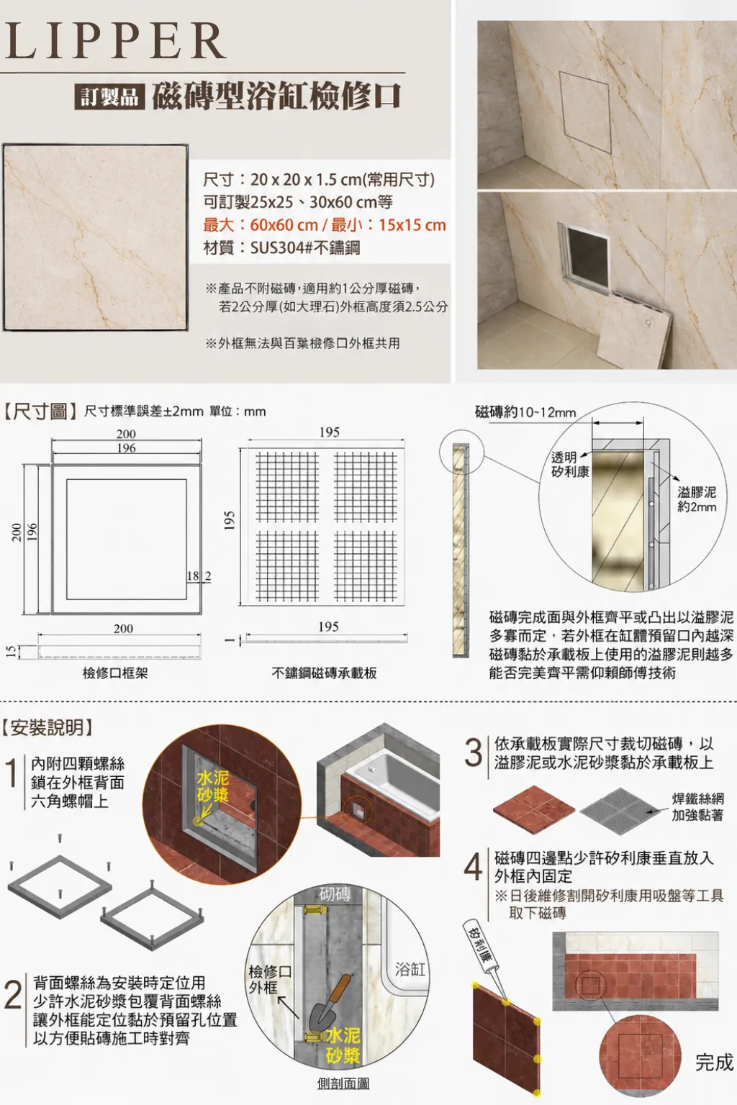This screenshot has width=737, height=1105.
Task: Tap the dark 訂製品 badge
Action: point(109,96)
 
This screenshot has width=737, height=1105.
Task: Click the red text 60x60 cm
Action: point(284,225)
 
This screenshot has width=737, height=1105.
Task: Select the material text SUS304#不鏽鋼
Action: point(305,247)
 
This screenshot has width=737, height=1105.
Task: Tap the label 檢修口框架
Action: point(115,673)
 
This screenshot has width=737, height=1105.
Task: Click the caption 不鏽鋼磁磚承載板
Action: point(325,673)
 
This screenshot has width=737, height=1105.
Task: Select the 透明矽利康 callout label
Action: point(569,465)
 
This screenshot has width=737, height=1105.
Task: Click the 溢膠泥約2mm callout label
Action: point(697,499)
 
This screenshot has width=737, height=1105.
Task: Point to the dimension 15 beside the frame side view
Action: point(9,652)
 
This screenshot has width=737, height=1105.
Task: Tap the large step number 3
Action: point(473,753)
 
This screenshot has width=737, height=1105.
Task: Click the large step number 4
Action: point(473,866)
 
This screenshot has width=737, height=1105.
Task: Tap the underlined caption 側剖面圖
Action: point(343,1083)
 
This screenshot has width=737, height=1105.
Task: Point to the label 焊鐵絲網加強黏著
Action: point(697,806)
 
